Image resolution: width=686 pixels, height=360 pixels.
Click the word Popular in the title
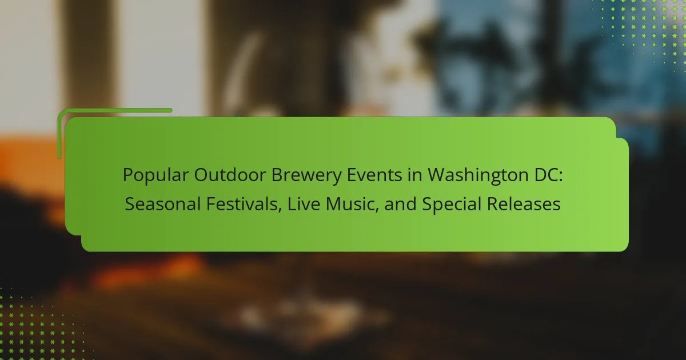[155, 175]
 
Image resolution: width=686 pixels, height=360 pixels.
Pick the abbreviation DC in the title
[546, 175]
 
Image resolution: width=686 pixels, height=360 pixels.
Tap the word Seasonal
[162, 204]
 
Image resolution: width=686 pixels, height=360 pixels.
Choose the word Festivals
[242, 204]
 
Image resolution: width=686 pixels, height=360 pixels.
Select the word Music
[350, 204]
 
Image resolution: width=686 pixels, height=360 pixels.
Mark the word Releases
[524, 204]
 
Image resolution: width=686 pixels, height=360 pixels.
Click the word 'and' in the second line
[400, 204]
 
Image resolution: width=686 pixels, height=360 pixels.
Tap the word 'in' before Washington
[414, 175]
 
